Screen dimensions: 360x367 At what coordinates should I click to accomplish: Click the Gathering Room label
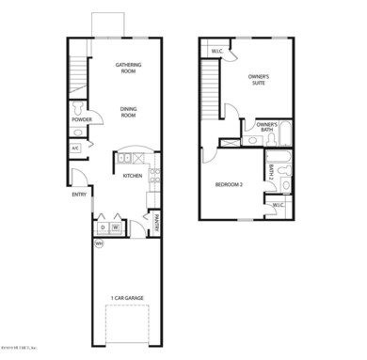(x=128, y=69)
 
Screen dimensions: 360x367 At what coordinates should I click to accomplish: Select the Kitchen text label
(x=132, y=175)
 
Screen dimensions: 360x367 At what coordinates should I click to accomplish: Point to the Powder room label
(x=81, y=119)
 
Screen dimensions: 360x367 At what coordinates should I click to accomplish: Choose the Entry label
(x=79, y=196)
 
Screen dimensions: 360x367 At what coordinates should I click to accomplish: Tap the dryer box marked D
(x=101, y=227)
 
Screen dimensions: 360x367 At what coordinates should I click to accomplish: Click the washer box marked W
(x=116, y=227)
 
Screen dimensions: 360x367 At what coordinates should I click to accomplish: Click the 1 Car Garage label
(x=127, y=298)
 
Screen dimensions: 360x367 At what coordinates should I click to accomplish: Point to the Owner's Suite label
(x=258, y=79)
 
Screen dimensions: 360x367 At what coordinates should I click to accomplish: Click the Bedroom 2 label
(x=229, y=184)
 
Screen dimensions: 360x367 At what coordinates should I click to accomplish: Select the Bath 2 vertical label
(x=269, y=173)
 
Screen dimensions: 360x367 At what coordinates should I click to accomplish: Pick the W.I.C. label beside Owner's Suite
(x=216, y=51)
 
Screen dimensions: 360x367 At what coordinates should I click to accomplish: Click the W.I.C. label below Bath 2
(x=279, y=205)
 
